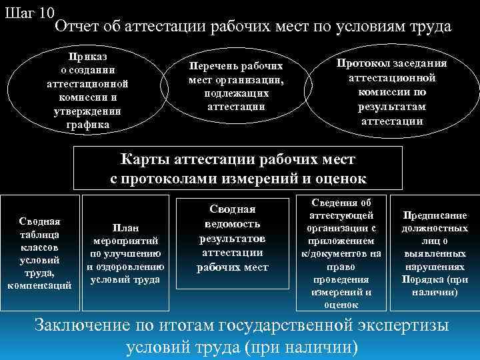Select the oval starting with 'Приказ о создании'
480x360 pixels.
click(x=87, y=87)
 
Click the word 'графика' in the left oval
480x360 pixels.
click(x=87, y=125)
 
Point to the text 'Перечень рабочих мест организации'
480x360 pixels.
click(x=236, y=86)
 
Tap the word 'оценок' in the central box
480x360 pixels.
click(x=334, y=178)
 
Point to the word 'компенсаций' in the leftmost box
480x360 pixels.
click(x=40, y=285)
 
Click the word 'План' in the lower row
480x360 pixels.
click(x=125, y=227)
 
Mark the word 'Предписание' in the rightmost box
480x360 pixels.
click(x=435, y=215)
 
